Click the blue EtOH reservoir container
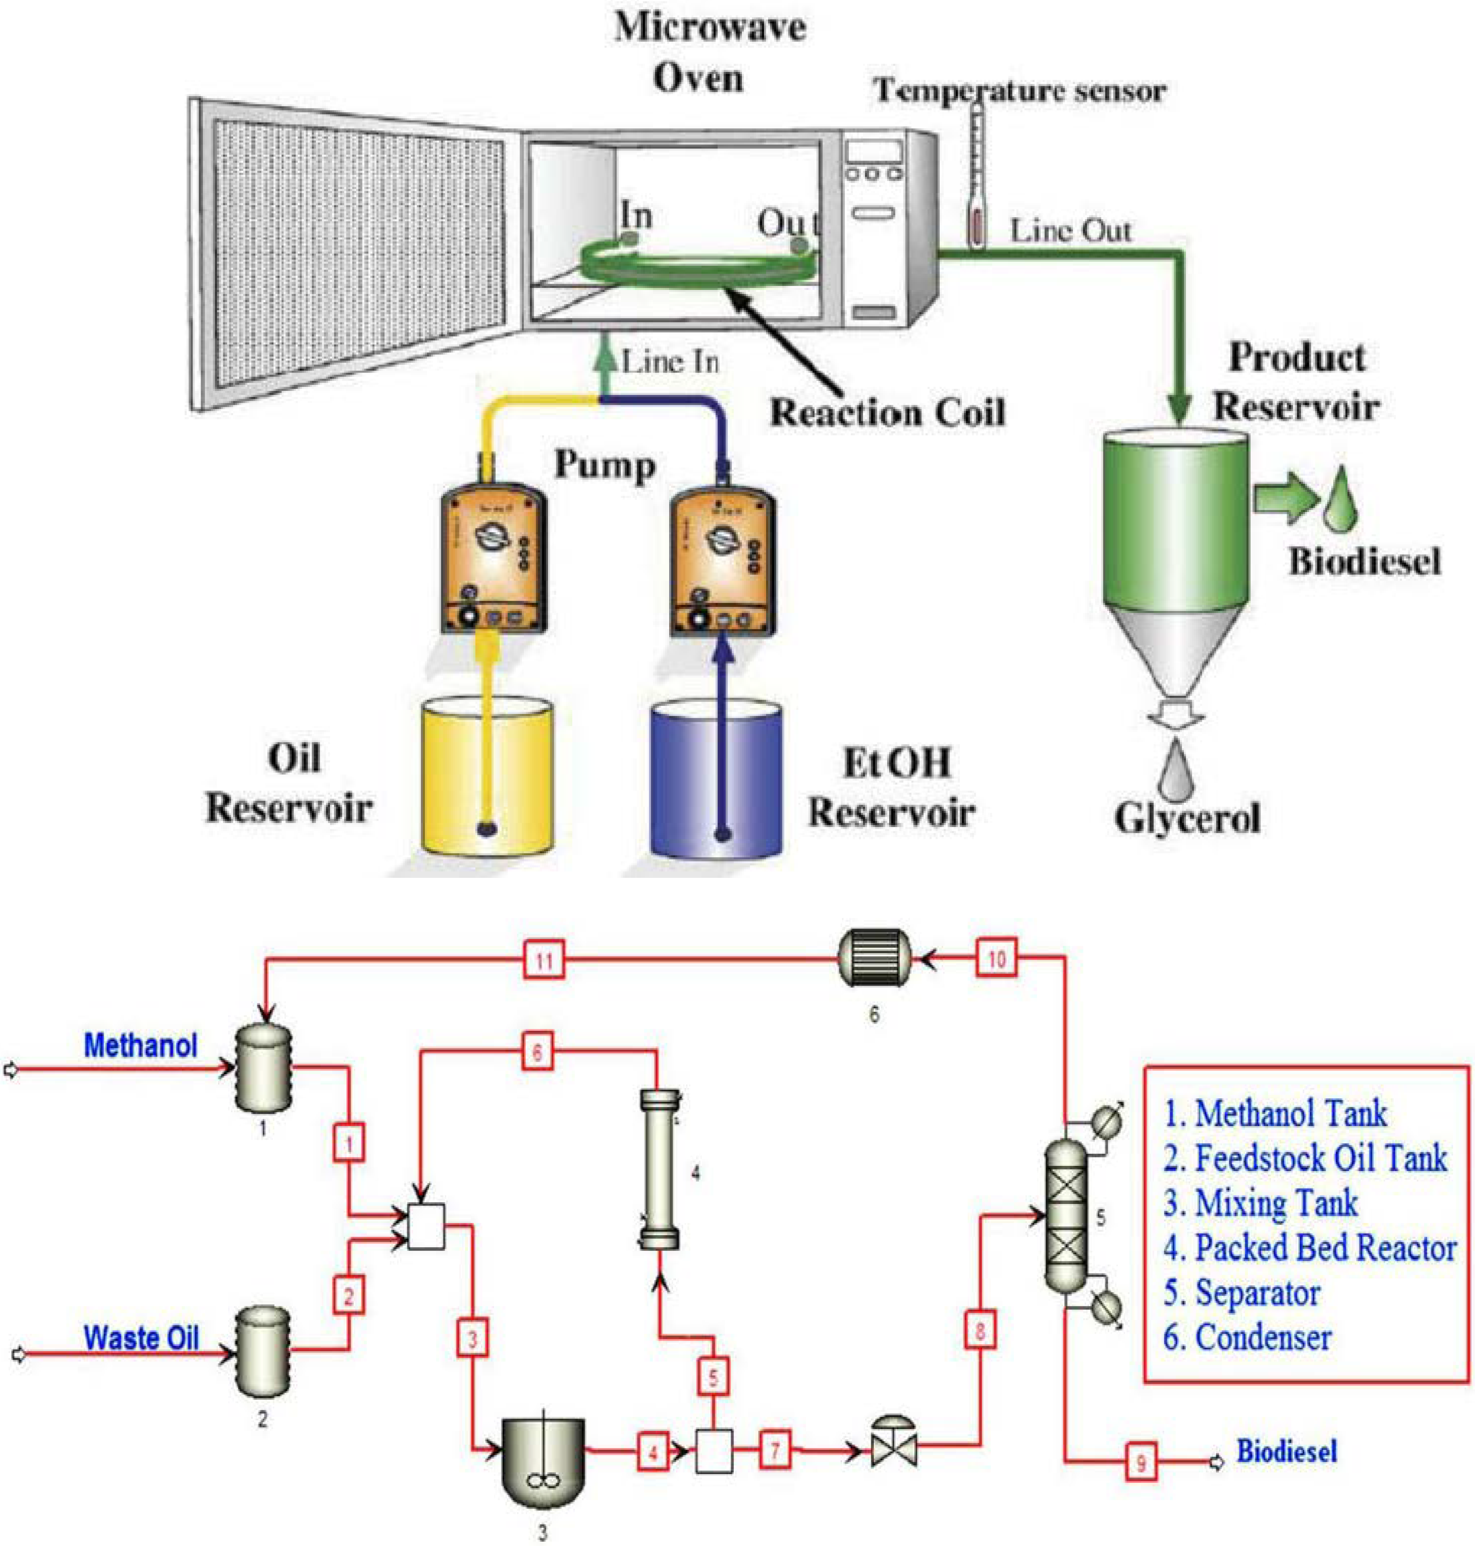716,779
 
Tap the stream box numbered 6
537,1052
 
